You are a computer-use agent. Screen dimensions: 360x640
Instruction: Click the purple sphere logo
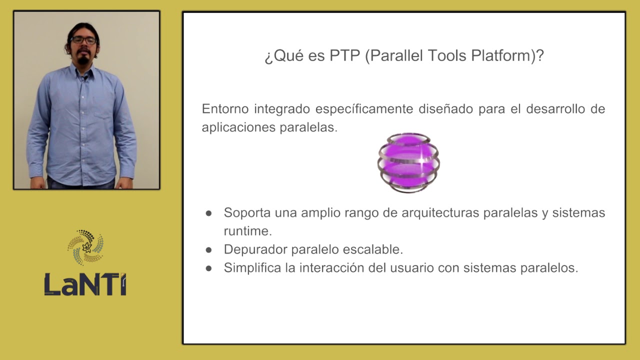tap(408, 162)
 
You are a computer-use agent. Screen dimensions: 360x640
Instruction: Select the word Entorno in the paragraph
tap(225, 109)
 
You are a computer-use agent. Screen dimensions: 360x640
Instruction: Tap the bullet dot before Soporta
tap(209, 213)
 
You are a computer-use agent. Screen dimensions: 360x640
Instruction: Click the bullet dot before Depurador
tap(209, 249)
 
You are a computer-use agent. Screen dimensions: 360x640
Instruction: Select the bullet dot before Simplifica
tap(209, 268)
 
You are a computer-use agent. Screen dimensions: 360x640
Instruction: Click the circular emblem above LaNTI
tap(85, 247)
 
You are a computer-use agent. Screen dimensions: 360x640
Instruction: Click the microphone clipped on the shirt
tap(85, 77)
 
